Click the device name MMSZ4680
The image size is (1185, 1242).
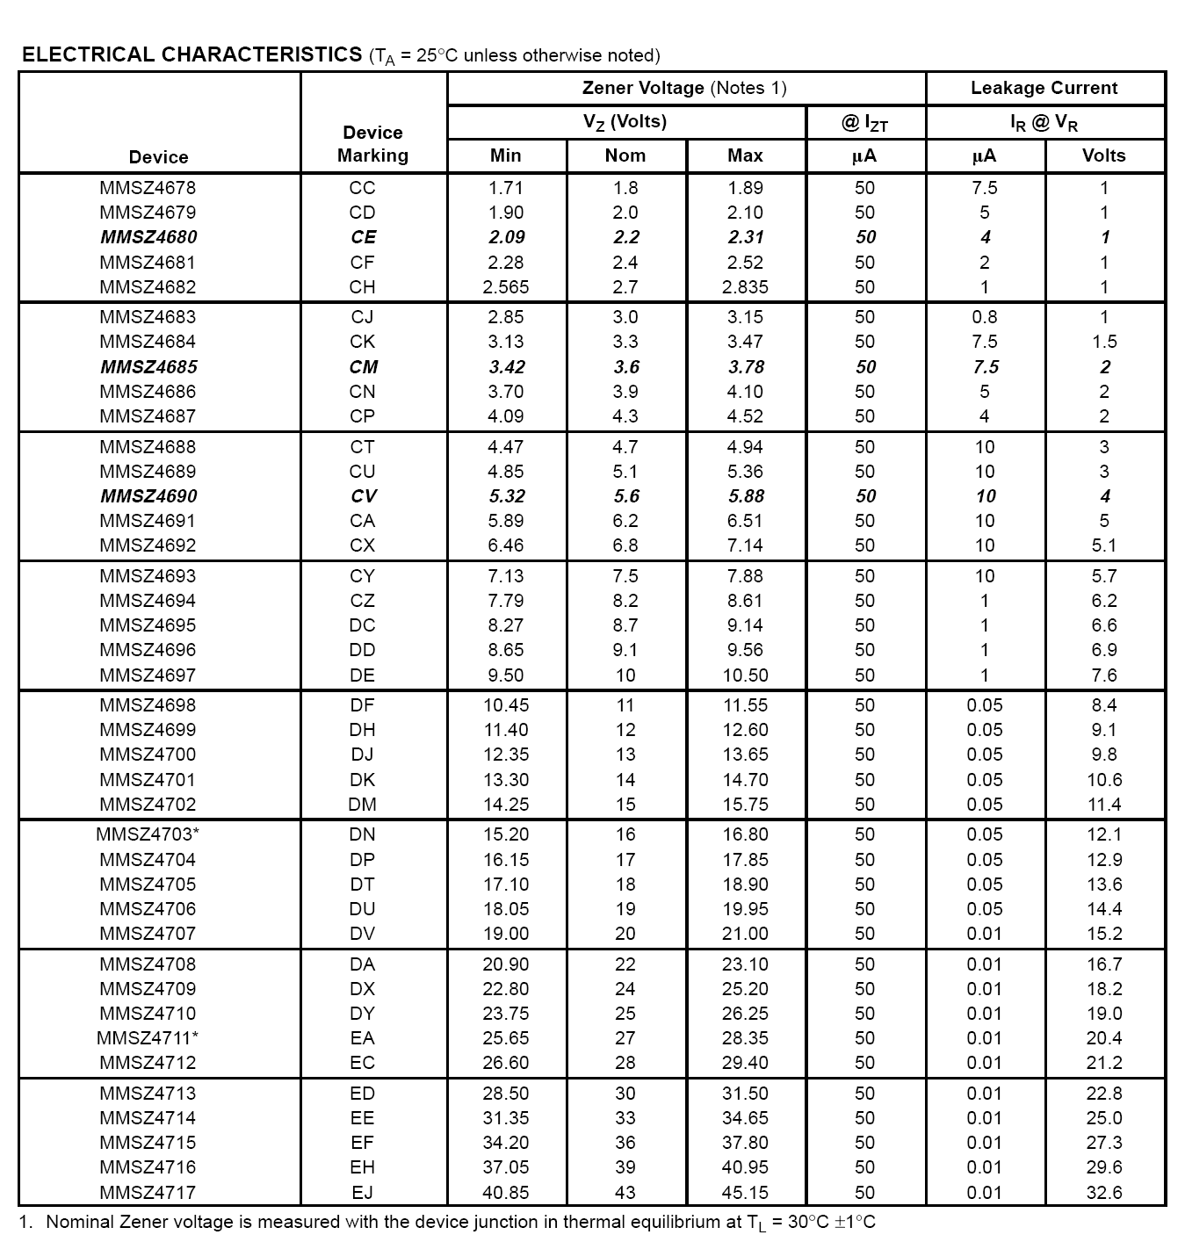coord(148,237)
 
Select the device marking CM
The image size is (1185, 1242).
coord(363,367)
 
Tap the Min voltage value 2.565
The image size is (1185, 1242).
coord(505,287)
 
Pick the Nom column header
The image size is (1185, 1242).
coord(625,155)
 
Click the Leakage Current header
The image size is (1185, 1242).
coord(1044,88)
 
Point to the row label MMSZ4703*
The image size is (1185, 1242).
coord(148,834)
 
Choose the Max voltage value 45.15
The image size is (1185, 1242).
coord(745,1193)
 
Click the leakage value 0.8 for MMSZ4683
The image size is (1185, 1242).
coord(984,317)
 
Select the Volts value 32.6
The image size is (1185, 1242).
coord(1103,1193)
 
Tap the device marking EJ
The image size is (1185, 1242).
coord(362,1193)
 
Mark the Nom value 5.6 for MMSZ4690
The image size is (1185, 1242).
coord(625,496)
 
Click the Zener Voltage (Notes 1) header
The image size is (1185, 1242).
coord(684,88)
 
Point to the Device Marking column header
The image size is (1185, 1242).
coord(372,144)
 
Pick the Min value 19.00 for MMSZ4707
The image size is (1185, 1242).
coord(505,934)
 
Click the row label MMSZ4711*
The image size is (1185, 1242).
coord(148,1038)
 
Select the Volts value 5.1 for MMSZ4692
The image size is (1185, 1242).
coord(1103,545)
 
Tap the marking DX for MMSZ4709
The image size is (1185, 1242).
coord(362,989)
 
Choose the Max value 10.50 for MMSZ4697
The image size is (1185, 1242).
coord(745,675)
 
